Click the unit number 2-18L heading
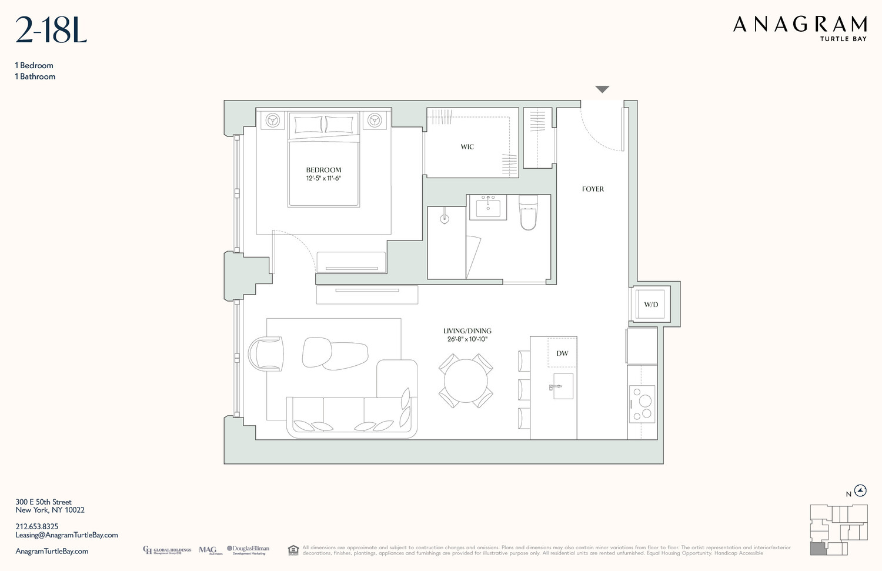51,31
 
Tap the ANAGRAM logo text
800,25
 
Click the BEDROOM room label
323,170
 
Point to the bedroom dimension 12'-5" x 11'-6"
323,178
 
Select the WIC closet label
467,147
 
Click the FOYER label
593,189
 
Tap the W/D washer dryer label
651,305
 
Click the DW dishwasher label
562,353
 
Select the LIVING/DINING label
467,331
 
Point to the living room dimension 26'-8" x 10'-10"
467,339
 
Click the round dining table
466,380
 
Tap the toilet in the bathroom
528,213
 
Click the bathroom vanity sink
487,207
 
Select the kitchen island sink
562,386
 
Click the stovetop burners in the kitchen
642,404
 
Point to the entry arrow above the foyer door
602,89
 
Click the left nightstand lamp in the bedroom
273,121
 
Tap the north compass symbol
860,490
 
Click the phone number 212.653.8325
37,527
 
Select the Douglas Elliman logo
248,550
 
